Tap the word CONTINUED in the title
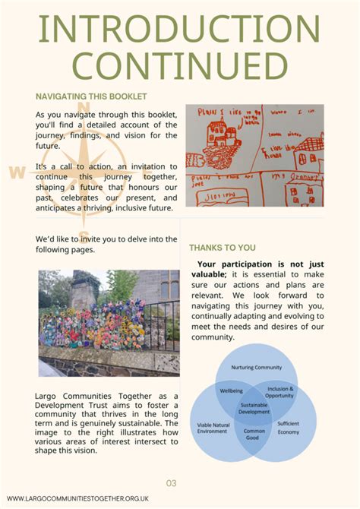(x=179, y=66)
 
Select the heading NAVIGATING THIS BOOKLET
(x=91, y=96)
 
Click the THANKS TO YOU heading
(x=223, y=248)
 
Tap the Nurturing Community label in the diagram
(x=256, y=367)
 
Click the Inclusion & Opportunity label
(x=280, y=392)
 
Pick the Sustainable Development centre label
(x=254, y=409)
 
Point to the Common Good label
(x=254, y=435)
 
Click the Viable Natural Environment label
(x=213, y=429)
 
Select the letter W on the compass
(x=17, y=172)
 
